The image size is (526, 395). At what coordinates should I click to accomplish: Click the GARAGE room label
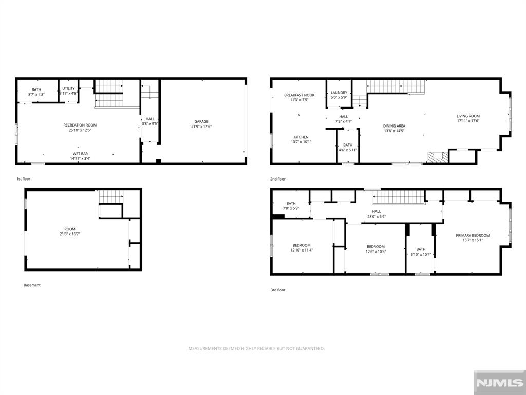coord(201,121)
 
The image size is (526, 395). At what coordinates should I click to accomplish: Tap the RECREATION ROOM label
coord(80,125)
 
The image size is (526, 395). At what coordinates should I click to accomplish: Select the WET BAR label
coord(81,154)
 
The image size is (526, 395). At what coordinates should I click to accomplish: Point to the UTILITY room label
coord(68,88)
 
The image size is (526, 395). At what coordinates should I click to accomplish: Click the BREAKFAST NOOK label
coord(299,95)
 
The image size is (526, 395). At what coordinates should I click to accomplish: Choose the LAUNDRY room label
coord(339,93)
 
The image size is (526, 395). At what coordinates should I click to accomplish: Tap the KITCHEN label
coord(301,137)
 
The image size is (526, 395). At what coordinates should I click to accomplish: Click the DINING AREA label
coord(394,126)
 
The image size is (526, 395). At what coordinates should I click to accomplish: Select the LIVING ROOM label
coord(468,116)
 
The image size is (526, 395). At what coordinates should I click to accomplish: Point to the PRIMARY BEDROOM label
coord(473,235)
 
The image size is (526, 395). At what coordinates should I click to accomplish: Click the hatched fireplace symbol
coord(438,157)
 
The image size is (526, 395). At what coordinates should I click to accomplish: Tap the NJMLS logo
coord(499,383)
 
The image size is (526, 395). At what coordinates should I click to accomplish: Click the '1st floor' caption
coord(24,179)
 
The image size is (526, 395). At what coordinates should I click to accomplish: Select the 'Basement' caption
coord(32,285)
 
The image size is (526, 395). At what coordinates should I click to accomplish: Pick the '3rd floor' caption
coord(278,290)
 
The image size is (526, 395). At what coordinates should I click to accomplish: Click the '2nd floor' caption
coord(278,179)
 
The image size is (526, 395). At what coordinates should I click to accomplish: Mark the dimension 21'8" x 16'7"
coord(70,234)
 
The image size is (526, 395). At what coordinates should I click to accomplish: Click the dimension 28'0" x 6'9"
coord(377,217)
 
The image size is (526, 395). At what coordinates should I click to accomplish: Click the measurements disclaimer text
coord(256,349)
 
